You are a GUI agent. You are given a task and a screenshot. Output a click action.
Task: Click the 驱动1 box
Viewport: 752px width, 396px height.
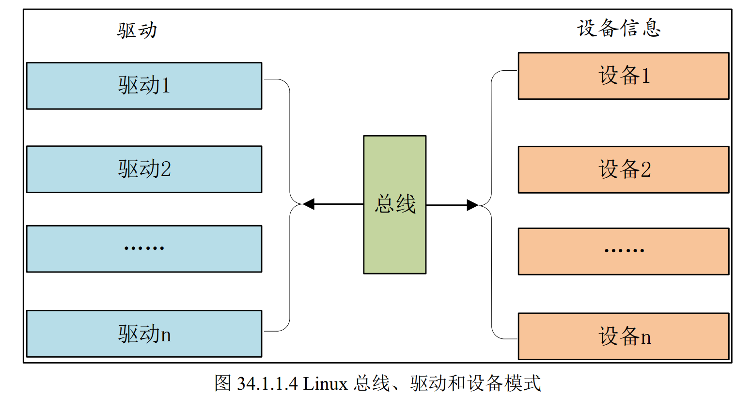tap(144, 86)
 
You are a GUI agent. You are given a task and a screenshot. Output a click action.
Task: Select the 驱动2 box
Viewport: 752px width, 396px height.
tap(144, 169)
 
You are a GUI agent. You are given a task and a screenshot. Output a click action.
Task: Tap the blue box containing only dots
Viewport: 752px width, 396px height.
tap(144, 248)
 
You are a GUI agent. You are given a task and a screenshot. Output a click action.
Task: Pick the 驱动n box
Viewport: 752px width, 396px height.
tap(144, 334)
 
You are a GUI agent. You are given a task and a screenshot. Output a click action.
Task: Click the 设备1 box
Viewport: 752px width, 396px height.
tap(623, 76)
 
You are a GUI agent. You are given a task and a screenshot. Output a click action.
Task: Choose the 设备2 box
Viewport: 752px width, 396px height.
tap(623, 169)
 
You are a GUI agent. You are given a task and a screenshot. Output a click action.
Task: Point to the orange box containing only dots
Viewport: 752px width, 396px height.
tap(623, 251)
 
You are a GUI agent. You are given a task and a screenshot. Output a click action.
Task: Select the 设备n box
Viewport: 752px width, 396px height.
tap(623, 336)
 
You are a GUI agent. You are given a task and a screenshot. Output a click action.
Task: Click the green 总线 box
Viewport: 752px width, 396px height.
tap(394, 204)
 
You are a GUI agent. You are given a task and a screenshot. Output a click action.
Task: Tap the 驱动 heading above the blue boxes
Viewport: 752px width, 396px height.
tap(137, 30)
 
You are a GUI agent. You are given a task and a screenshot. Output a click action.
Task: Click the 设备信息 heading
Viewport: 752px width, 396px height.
tap(619, 28)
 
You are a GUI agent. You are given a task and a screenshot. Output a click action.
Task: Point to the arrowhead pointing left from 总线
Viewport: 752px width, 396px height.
tap(309, 204)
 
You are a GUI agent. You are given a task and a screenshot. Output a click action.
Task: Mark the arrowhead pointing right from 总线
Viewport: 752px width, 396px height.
tap(472, 205)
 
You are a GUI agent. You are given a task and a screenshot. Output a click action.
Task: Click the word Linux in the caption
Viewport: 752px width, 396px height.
tap(326, 384)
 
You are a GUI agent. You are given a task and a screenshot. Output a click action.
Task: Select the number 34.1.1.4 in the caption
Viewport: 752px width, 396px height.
tap(267, 384)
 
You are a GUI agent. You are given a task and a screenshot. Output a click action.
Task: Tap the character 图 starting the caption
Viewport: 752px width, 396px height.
tap(223, 383)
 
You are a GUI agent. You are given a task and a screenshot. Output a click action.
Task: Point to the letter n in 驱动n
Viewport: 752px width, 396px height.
tap(166, 335)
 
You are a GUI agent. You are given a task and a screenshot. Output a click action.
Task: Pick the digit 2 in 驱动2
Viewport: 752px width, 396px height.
tap(166, 169)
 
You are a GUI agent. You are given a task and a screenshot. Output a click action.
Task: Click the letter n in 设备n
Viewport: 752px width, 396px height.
tap(646, 337)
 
